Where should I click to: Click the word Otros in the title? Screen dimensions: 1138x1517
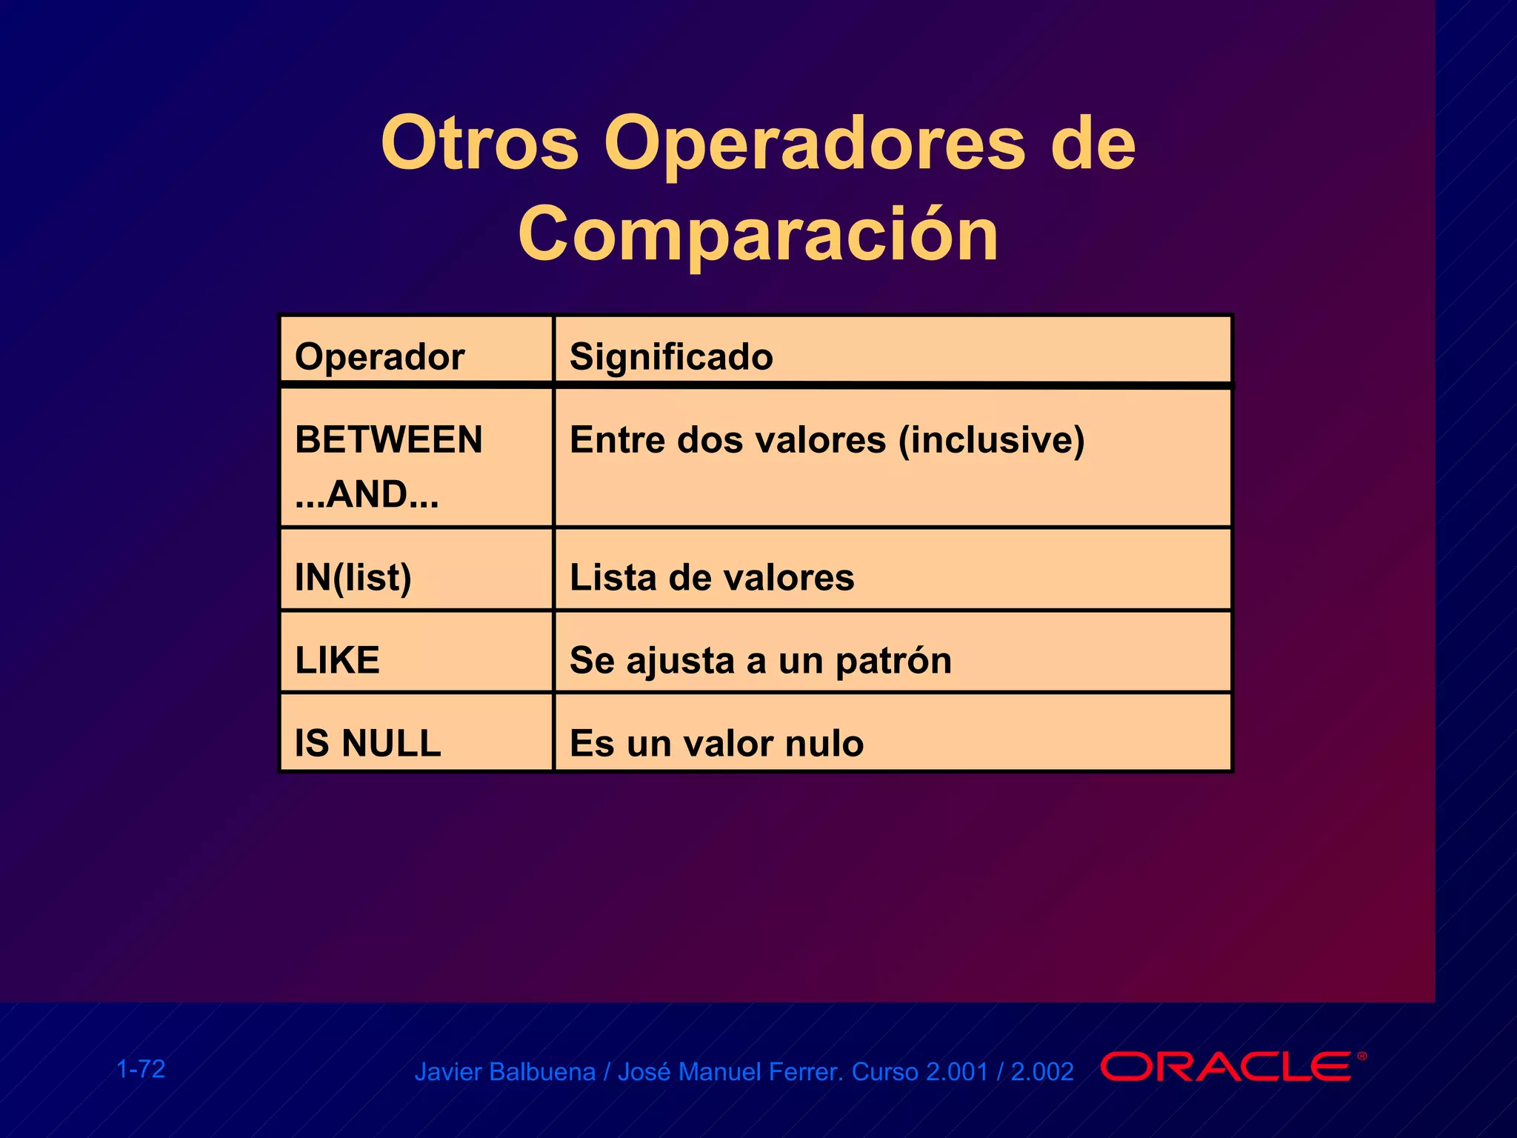pos(479,144)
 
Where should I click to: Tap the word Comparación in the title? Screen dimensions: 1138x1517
pos(758,234)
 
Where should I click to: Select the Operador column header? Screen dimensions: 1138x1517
pos(379,357)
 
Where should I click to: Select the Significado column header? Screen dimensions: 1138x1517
pos(671,357)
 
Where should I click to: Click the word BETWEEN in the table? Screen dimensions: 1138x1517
pos(388,440)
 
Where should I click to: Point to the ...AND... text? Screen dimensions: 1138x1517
pos(367,495)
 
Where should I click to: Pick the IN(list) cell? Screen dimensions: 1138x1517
pos(353,578)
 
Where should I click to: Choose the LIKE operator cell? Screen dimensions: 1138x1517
pos(337,660)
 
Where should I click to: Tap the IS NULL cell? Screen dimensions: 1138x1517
pos(367,743)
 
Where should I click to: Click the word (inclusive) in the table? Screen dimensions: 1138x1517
pos(991,440)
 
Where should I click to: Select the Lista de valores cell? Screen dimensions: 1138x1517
pos(711,578)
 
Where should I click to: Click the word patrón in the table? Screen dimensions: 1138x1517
pos(893,661)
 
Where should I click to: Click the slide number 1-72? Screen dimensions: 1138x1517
pos(141,1069)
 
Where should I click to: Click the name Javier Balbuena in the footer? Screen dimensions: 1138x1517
pos(504,1072)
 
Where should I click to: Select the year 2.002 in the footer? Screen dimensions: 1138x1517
pos(1041,1072)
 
